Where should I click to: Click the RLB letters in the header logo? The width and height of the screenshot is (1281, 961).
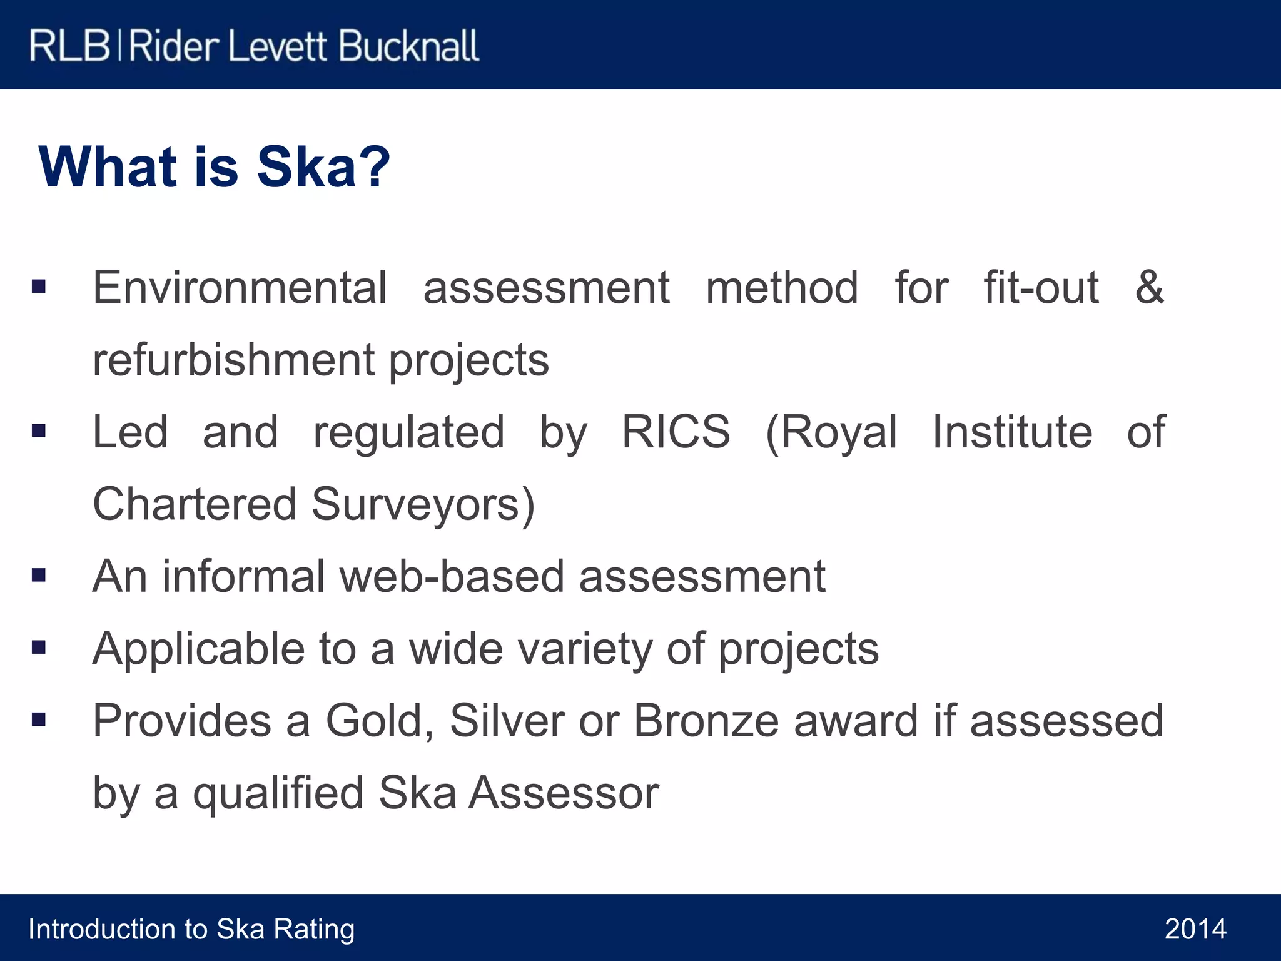point(69,46)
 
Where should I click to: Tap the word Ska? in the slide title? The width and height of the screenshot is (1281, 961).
point(323,167)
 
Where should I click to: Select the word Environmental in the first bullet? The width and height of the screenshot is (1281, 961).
point(240,288)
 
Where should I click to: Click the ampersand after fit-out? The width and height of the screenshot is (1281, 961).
point(1150,288)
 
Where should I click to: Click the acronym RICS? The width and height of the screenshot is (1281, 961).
point(676,432)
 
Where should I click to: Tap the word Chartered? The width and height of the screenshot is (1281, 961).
point(195,504)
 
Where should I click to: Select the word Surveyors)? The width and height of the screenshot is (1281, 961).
point(423,504)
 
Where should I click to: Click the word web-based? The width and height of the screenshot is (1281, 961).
point(452,576)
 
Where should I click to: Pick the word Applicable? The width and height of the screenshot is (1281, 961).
point(198,648)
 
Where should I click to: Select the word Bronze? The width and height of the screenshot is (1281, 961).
point(706,721)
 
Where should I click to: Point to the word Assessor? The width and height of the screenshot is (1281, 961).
point(564,793)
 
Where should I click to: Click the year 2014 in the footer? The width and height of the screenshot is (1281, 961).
point(1195,929)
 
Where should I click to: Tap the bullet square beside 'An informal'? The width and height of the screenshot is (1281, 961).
point(39,575)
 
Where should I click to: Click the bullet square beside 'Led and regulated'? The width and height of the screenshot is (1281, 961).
point(39,430)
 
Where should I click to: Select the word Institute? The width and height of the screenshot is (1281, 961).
point(1012,432)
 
